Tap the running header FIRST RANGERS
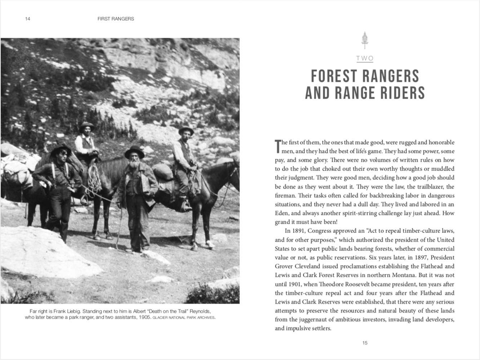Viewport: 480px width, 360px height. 116,19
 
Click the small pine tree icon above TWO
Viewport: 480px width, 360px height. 365,40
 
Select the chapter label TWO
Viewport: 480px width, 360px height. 365,58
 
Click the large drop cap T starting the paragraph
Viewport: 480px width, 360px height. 277,146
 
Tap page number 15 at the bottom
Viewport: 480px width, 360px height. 365,343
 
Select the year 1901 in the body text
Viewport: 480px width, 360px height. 295,284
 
